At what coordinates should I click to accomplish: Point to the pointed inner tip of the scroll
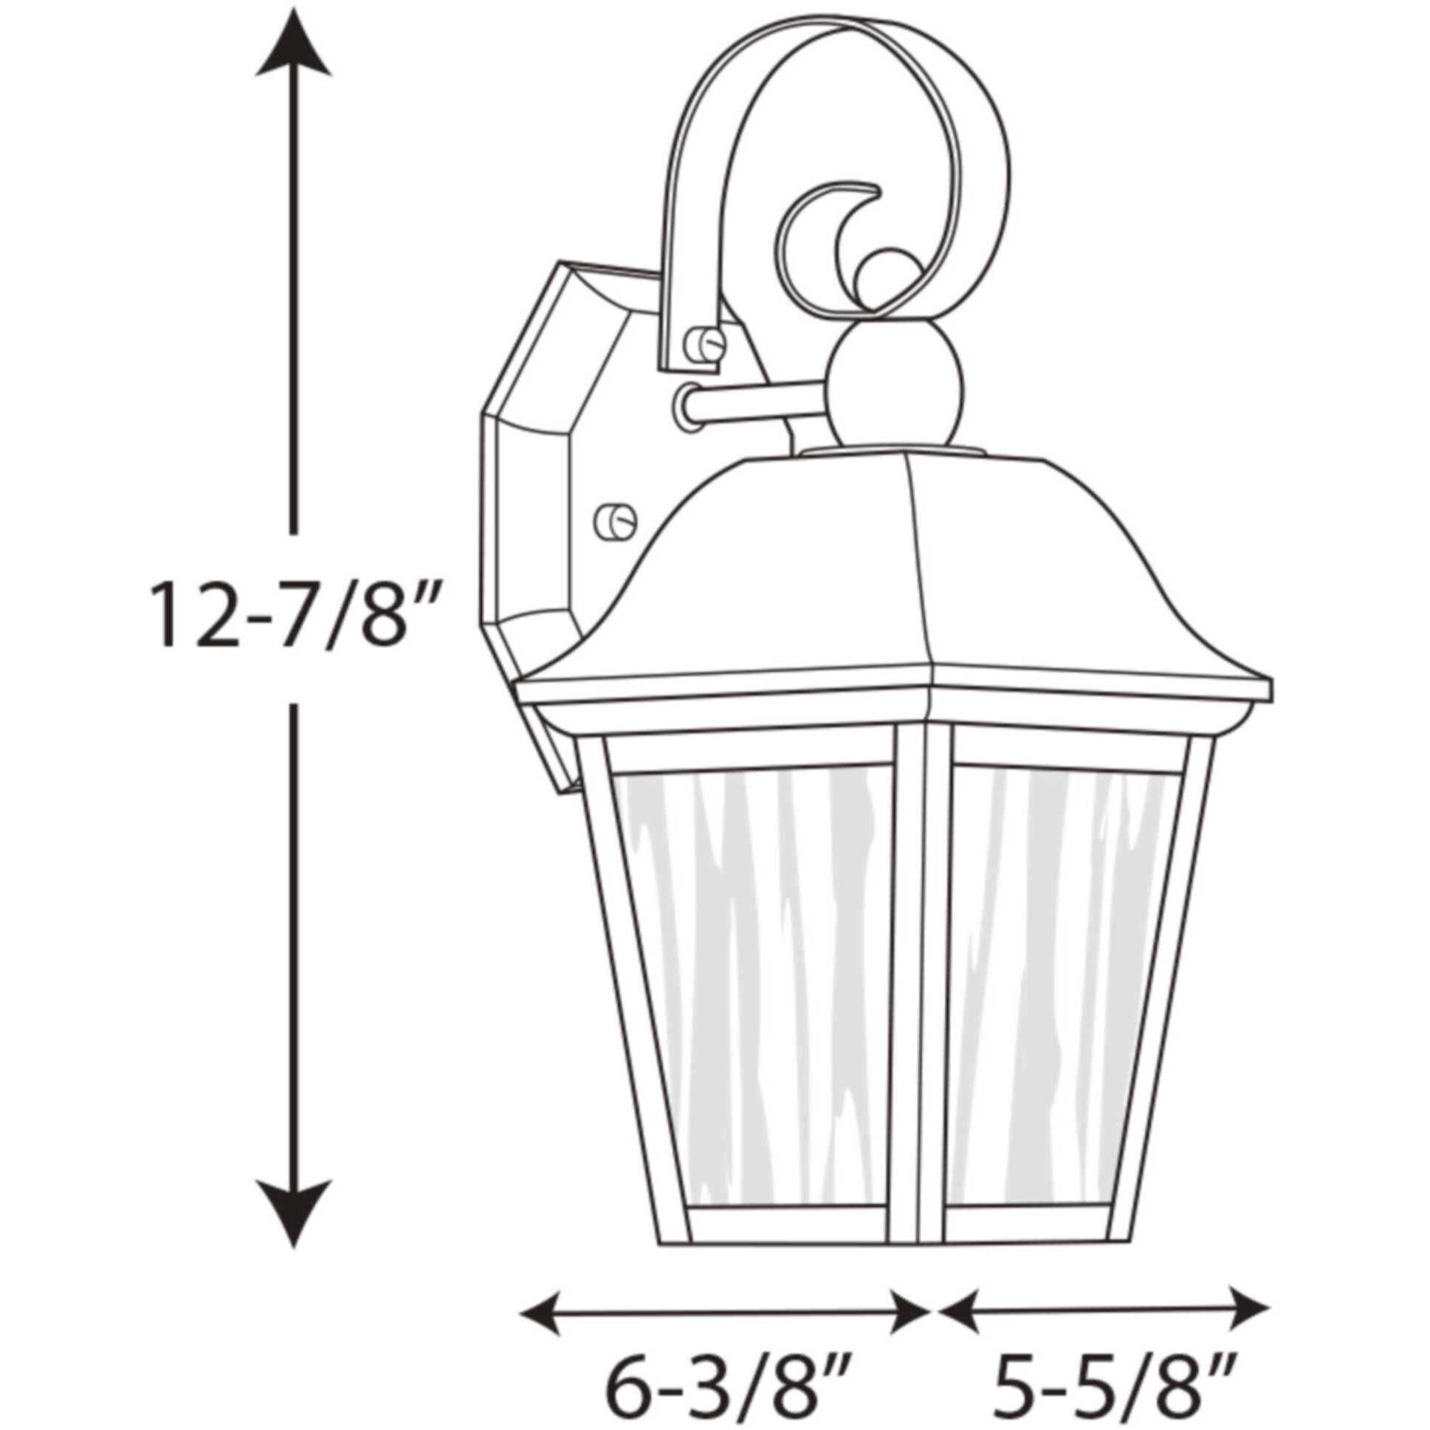878,194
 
